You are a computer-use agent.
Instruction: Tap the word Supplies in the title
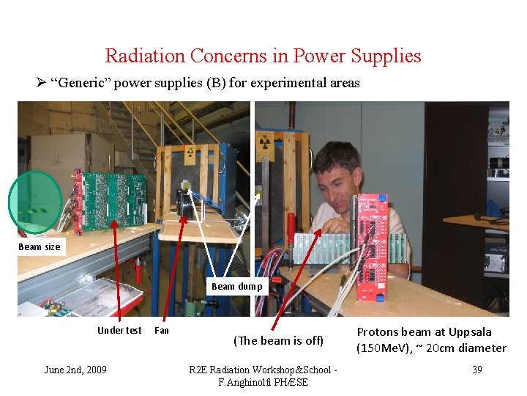click(x=391, y=56)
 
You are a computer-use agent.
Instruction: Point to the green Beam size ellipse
click(x=34, y=202)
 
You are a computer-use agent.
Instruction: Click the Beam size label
click(x=40, y=247)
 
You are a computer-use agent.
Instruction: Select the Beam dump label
click(x=236, y=287)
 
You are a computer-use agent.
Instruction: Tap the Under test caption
click(x=119, y=331)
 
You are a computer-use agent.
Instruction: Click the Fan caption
click(x=162, y=331)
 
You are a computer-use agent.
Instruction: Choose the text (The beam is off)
click(x=278, y=340)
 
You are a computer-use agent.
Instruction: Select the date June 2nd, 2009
click(x=75, y=370)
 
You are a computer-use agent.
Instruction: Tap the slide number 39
click(x=476, y=370)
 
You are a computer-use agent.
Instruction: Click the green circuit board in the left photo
click(x=117, y=199)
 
